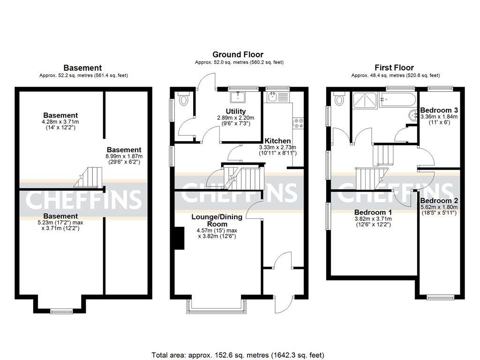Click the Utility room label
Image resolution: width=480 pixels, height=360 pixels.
(x=223, y=111)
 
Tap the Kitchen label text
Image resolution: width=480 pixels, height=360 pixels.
(x=277, y=141)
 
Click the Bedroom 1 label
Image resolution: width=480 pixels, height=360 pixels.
(x=373, y=211)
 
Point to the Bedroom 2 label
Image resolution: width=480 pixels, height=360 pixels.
(x=439, y=200)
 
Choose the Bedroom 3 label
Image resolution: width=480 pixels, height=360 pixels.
(x=439, y=110)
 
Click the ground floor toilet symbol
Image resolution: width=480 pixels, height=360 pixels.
(x=183, y=99)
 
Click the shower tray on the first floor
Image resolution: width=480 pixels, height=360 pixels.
(x=366, y=101)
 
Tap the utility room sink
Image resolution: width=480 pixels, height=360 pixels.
(x=240, y=97)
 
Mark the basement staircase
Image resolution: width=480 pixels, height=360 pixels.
(x=90, y=176)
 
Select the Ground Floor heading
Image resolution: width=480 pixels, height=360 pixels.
(x=238, y=55)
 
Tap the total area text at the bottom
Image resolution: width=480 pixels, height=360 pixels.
(x=238, y=355)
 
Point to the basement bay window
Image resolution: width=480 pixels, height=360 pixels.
(x=59, y=310)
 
